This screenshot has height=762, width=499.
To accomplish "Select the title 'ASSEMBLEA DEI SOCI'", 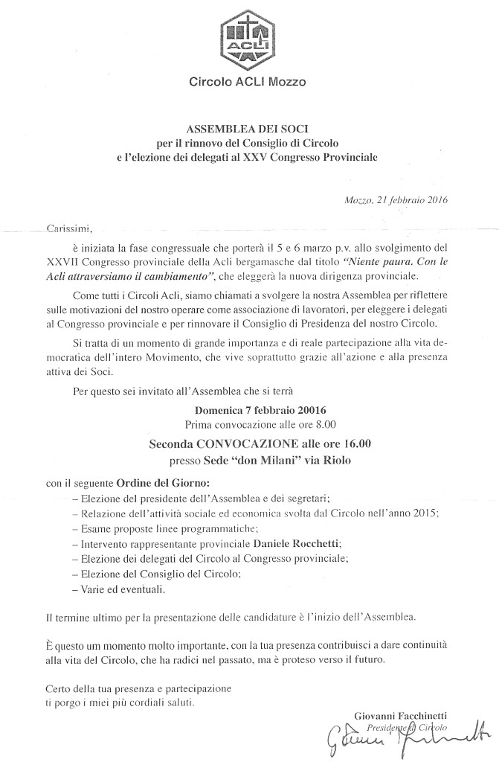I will click(249, 129).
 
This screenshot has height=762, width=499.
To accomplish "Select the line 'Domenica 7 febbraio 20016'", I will click(261, 410).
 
